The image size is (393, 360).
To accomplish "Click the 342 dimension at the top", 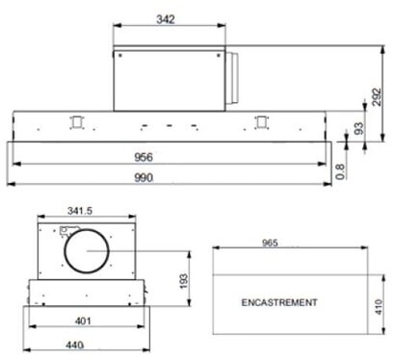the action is point(166,19).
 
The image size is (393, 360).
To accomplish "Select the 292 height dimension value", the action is point(377,96).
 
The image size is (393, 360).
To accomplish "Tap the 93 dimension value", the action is point(359,128).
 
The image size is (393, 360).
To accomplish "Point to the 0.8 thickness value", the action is point(341,171).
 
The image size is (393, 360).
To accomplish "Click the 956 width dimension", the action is point(144,157).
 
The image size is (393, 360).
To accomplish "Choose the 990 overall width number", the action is point(144,177).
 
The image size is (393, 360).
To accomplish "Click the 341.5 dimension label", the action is point(80,211).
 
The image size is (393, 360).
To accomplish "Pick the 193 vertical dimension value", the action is point(183,281).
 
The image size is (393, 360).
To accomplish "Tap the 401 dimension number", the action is point(83,321).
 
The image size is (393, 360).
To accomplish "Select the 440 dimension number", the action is point(74,345).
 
